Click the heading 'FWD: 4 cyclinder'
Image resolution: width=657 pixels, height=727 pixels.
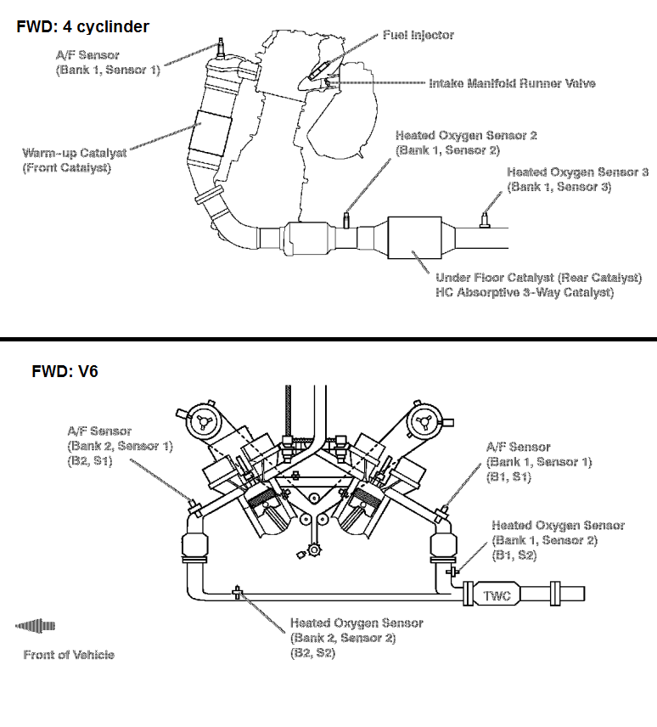tap(82, 27)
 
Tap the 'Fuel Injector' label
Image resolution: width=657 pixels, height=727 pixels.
tap(418, 35)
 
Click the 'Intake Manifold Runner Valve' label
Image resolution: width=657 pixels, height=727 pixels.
tap(512, 83)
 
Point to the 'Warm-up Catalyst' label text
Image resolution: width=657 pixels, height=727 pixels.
tap(75, 154)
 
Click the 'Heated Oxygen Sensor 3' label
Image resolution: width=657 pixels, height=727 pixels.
tap(577, 172)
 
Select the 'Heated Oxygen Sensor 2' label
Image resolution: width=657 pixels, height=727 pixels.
tap(466, 136)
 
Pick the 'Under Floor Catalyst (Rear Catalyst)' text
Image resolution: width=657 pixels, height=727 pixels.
tap(538, 278)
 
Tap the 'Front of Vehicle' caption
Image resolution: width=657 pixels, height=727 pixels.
tap(69, 654)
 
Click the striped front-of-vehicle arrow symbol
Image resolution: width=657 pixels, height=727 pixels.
tap(36, 627)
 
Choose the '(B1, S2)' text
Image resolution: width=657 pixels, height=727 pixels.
tap(514, 555)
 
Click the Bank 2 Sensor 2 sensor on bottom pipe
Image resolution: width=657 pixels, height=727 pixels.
tap(237, 592)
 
